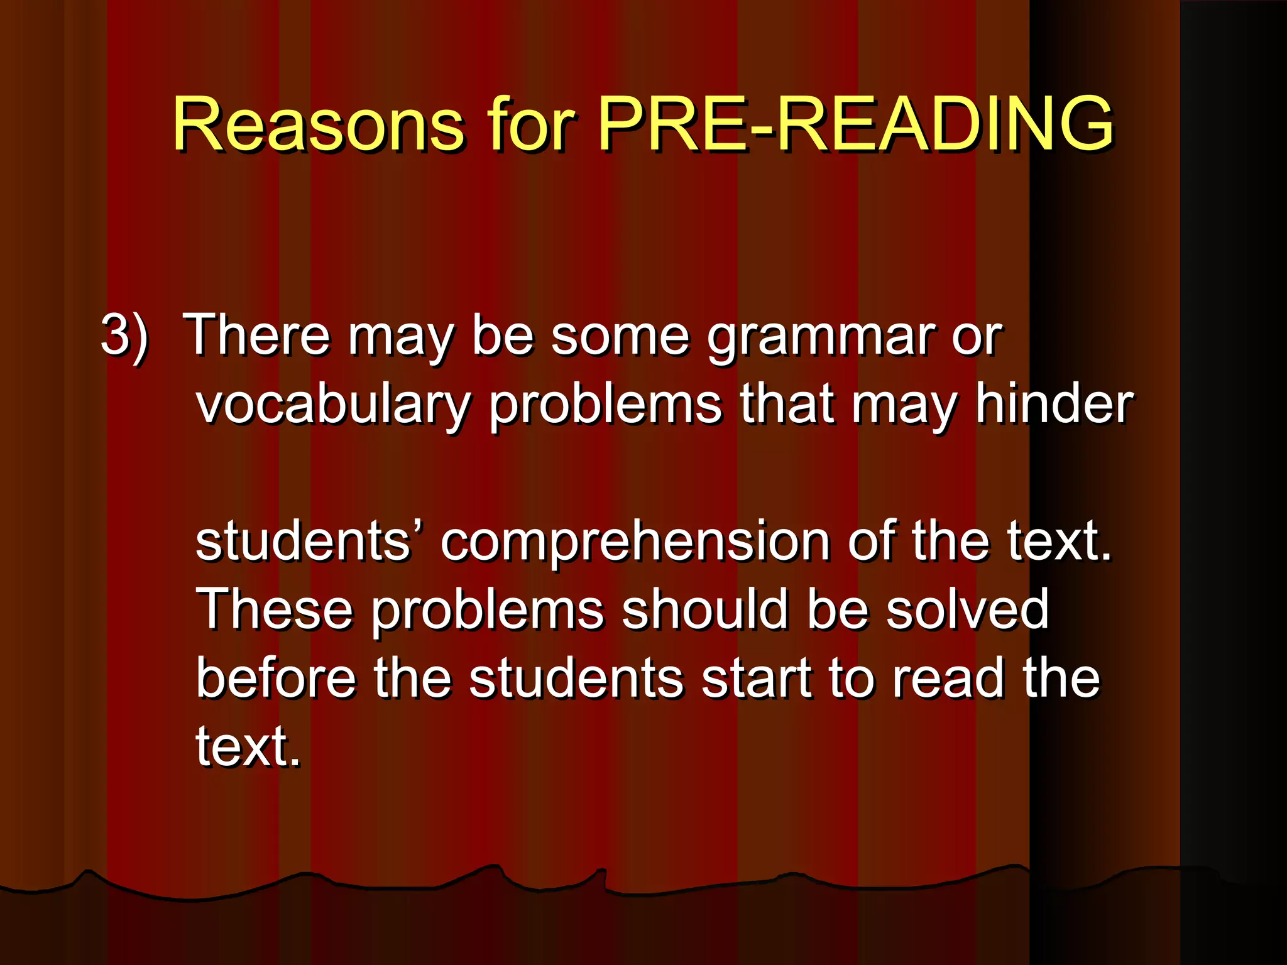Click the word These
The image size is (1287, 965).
pos(275,609)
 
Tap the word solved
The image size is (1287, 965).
pos(967,609)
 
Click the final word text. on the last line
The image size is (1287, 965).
pos(248,748)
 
